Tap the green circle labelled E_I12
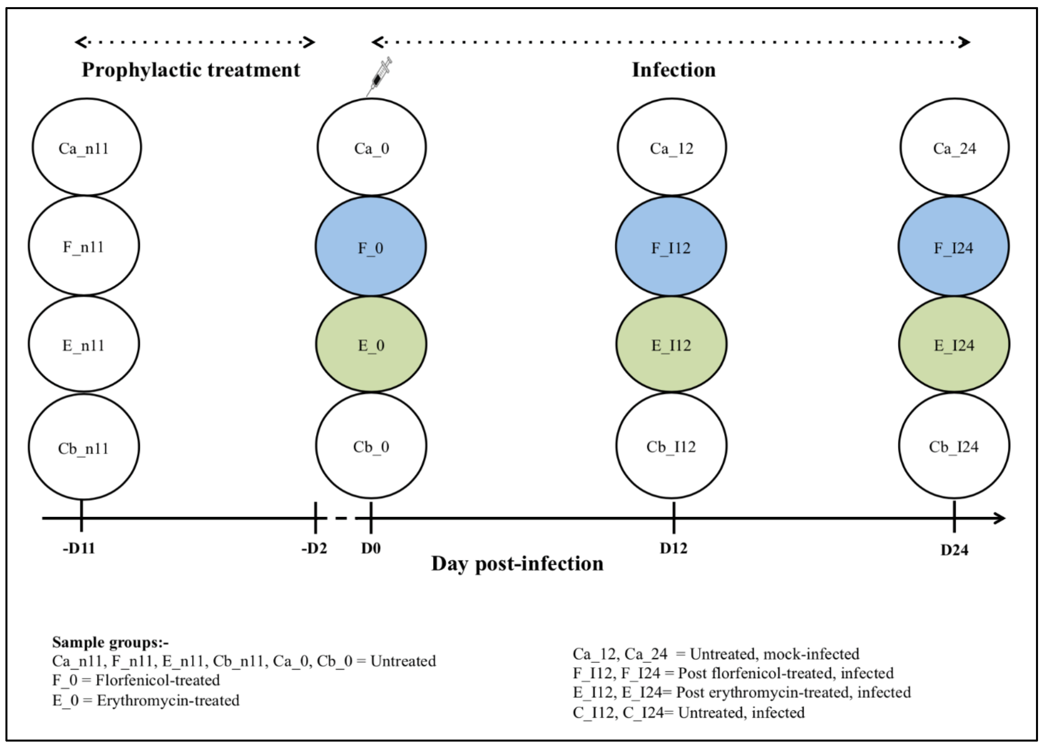(671, 345)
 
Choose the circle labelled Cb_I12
(671, 446)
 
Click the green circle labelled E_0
(371, 345)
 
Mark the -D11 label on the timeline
(79, 548)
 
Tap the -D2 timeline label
(314, 548)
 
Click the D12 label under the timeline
(673, 548)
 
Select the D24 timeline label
(954, 550)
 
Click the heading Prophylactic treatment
(191, 70)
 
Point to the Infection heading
(673, 70)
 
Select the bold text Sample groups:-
(110, 642)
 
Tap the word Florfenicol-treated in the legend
(157, 680)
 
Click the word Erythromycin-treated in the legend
(168, 700)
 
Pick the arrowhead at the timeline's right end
(999, 518)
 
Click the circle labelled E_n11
(83, 345)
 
